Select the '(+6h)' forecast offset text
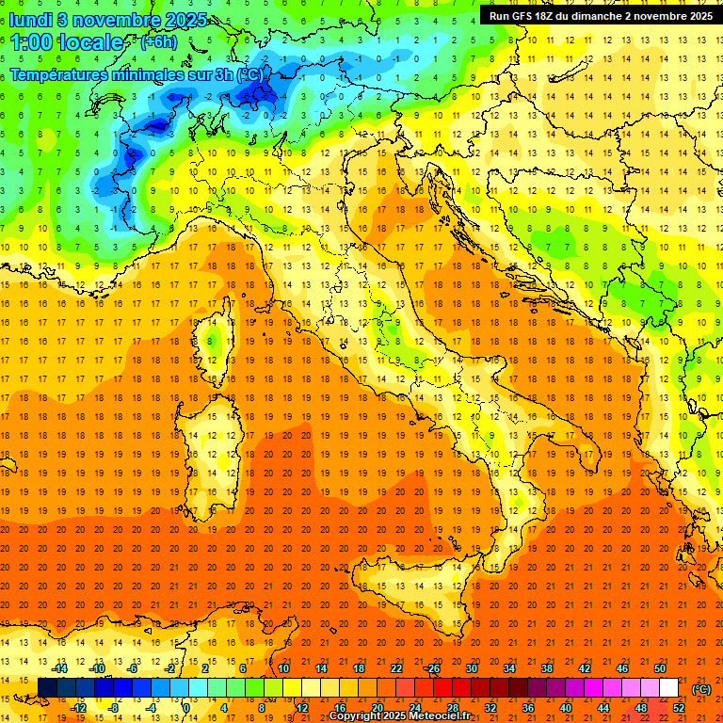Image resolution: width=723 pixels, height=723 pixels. pos(158,42)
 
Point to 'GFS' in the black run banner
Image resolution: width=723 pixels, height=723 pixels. pos(528,16)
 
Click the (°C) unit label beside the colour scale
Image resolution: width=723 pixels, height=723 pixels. pos(700,689)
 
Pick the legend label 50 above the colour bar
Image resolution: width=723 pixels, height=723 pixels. pos(660,667)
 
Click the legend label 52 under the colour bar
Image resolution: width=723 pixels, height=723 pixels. pos(679,707)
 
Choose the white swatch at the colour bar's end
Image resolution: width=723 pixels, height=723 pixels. pos(669,687)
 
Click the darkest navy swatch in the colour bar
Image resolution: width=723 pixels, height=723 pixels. pos(47,687)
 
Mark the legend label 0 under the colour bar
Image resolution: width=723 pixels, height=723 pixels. pos(186,707)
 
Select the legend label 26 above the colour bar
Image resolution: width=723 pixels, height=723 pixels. pos(433,667)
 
